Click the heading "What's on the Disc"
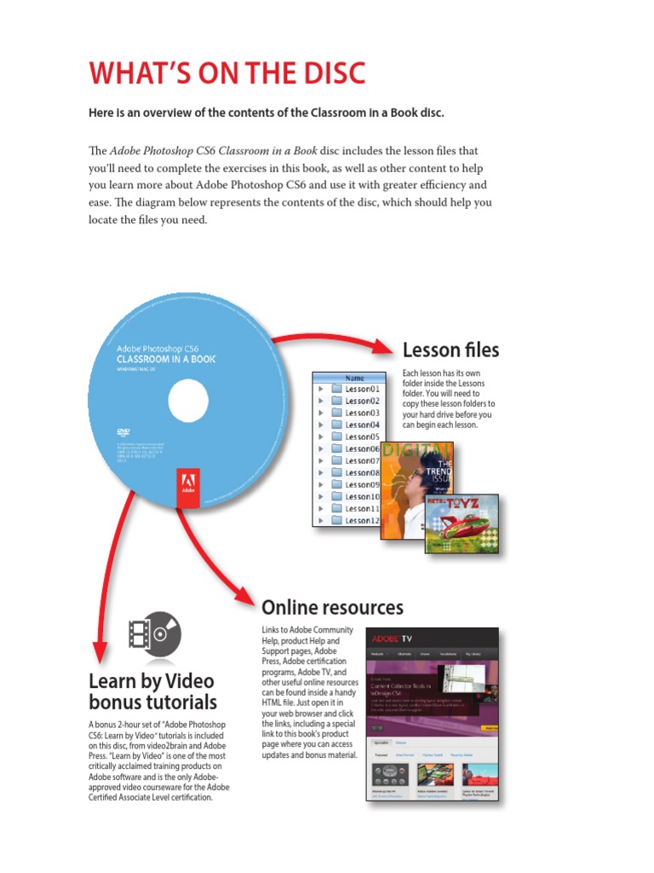tap(227, 74)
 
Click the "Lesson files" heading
tap(450, 350)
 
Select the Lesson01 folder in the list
tap(362, 389)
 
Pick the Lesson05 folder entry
tap(362, 436)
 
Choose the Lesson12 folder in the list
tap(362, 520)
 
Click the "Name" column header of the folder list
tap(354, 377)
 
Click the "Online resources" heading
tap(332, 608)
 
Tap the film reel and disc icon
tap(154, 635)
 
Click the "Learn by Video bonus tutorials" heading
tap(152, 691)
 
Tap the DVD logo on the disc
tap(123, 432)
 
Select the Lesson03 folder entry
tap(362, 413)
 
